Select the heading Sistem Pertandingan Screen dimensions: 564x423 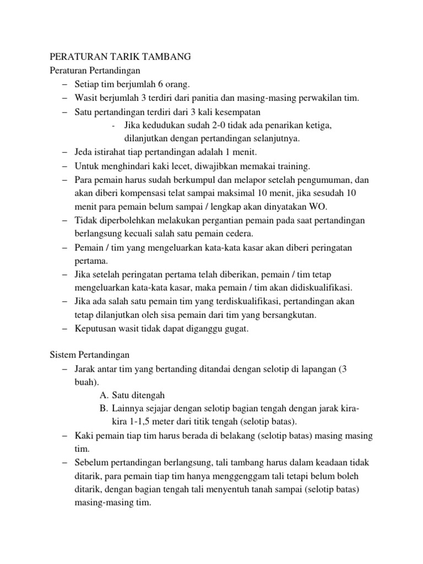pyautogui.click(x=89, y=355)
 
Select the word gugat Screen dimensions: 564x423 pyautogui.click(x=237, y=329)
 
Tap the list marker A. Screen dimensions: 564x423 pyautogui.click(x=104, y=395)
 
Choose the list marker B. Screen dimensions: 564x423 pyautogui.click(x=104, y=409)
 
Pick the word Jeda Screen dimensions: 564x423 pyautogui.click(x=84, y=152)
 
